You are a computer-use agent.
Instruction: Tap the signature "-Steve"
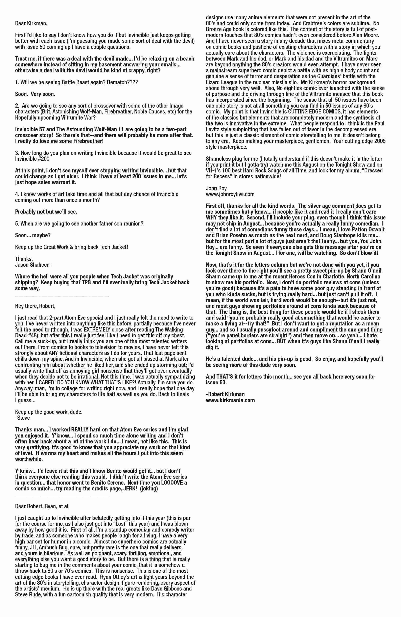(23, 418)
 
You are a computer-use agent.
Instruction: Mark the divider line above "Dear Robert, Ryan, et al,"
(62, 497)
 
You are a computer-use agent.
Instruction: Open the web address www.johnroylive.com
(230, 194)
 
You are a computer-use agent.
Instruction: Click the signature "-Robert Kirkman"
(225, 394)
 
